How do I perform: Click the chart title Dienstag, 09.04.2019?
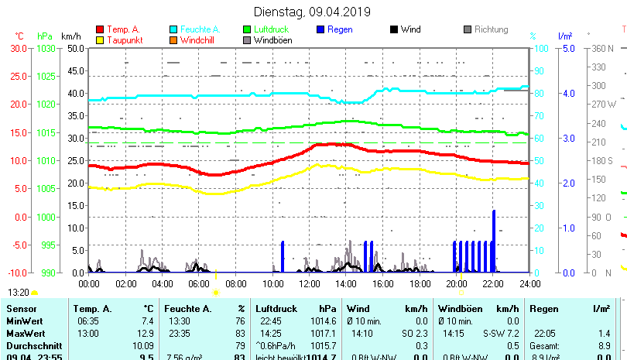point(313,12)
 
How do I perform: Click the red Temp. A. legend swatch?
point(100,29)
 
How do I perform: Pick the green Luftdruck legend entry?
point(270,29)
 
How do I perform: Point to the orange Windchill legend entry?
point(198,40)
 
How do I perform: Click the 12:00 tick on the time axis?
point(309,283)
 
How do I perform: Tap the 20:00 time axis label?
point(456,283)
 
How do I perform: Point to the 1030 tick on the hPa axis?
point(46,48)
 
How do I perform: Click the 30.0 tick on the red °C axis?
point(19,48)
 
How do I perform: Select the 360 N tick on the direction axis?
point(602,48)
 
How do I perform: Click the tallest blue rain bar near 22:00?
point(493,240)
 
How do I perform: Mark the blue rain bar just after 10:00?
point(283,256)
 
